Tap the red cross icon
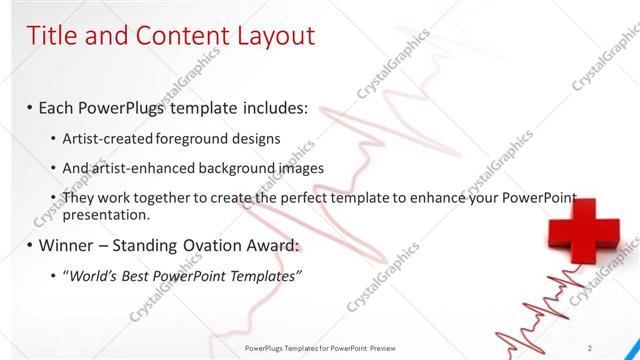[x=581, y=232]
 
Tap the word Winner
[x=70, y=245]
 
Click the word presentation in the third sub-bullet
[x=106, y=215]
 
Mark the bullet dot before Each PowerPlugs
[x=30, y=108]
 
